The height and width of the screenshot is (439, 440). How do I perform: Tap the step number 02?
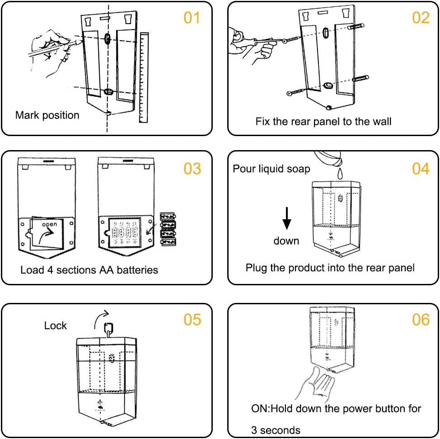421,18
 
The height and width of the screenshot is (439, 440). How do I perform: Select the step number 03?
192,169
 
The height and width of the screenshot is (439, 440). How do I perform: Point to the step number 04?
421,169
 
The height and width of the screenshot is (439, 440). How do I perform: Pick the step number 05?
192,320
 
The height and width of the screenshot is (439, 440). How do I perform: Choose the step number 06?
421,320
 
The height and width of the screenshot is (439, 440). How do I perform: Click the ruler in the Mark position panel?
144,77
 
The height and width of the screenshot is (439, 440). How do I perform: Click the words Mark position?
47,115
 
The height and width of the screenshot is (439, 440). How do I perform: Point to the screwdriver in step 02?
264,41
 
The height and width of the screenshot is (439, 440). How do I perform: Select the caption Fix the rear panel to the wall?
323,121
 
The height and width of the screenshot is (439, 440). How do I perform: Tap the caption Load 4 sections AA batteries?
89,270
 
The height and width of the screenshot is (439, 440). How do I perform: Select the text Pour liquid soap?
271,169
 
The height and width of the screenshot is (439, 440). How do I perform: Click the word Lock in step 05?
56,326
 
